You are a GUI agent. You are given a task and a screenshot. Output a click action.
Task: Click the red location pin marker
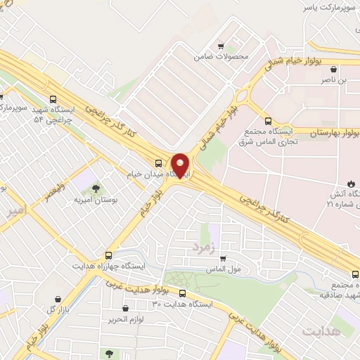tap(181, 165)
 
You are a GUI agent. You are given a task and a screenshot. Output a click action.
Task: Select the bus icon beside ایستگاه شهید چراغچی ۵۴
tap(54, 99)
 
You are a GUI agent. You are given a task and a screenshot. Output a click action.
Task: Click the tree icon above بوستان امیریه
tap(95, 188)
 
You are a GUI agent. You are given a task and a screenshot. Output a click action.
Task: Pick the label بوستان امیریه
tap(95, 200)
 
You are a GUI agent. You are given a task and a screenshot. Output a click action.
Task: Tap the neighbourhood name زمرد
tap(201, 247)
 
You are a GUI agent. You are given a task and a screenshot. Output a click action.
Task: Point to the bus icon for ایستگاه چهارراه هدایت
tap(108, 255)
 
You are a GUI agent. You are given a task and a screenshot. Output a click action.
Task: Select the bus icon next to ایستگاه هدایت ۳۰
tap(182, 293)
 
